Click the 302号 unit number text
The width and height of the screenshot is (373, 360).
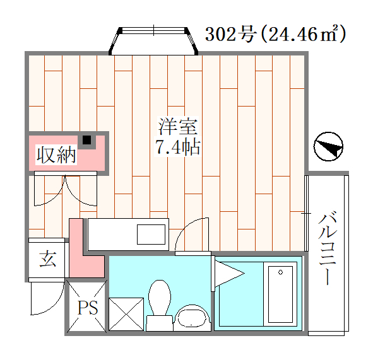(x=230, y=35)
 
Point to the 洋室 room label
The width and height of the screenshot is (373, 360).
(x=178, y=126)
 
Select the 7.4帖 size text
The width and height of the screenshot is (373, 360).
(x=178, y=148)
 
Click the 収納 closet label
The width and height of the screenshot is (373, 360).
(x=56, y=155)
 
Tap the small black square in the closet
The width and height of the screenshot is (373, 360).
(x=87, y=140)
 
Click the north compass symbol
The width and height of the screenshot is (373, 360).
(x=328, y=146)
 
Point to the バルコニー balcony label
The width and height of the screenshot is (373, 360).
(x=328, y=248)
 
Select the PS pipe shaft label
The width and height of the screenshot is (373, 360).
(x=88, y=308)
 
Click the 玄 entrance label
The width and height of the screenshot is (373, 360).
(x=48, y=258)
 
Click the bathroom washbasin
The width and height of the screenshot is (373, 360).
(x=192, y=318)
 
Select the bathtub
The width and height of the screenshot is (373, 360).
(x=280, y=294)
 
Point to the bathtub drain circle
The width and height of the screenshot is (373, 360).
(x=280, y=272)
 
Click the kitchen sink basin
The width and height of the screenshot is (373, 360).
(x=151, y=235)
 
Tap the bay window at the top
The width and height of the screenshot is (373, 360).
(x=153, y=41)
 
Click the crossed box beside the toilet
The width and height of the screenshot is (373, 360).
(x=126, y=314)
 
